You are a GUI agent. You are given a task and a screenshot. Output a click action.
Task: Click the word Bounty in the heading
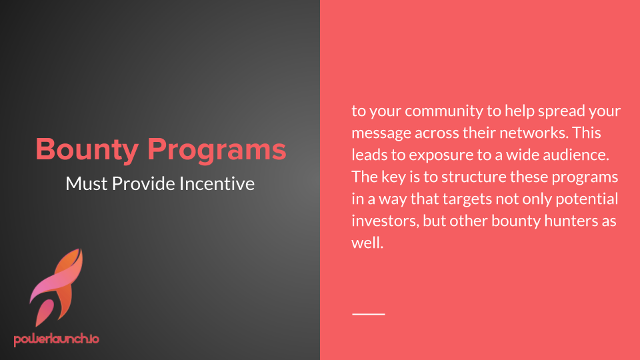pos(87,150)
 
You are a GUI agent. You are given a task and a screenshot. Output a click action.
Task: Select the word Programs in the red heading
pos(217,150)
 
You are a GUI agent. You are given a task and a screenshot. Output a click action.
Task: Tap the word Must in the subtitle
pos(87,184)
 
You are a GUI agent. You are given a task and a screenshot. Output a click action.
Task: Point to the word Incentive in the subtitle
pos(217,184)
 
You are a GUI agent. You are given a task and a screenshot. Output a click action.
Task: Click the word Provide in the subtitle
pos(144,184)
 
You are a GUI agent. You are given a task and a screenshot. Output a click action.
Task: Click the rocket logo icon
pos(56,287)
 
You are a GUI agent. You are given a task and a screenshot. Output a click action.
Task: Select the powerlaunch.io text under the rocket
pos(56,339)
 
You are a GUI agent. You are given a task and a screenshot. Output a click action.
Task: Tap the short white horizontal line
pos(369,314)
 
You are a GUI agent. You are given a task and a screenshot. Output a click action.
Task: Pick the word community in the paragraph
pos(444,111)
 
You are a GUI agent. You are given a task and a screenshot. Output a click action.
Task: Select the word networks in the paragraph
pos(533,133)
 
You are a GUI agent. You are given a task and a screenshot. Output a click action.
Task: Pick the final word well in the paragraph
pos(367,243)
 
